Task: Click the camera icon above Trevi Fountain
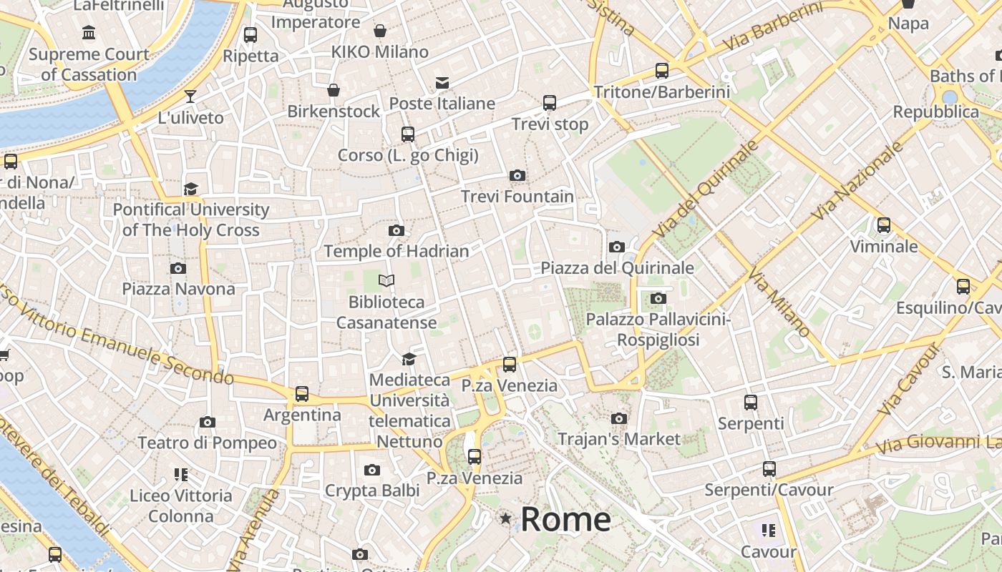(517, 175)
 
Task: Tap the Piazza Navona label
(178, 289)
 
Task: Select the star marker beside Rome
(506, 518)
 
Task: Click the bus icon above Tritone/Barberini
(662, 70)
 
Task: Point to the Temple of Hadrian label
(397, 251)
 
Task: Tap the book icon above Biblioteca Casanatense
(386, 281)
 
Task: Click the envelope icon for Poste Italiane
(442, 83)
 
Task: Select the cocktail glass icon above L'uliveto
(190, 97)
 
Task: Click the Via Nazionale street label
(858, 182)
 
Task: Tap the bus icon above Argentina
(302, 394)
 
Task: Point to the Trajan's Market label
(619, 439)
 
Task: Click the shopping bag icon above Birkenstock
(334, 90)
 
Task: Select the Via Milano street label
(779, 302)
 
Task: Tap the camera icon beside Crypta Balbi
(371, 470)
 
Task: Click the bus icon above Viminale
(884, 225)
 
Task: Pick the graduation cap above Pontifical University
(190, 189)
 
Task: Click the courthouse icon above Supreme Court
(89, 33)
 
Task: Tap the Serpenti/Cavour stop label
(769, 490)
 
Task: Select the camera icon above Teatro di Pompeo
(208, 422)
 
